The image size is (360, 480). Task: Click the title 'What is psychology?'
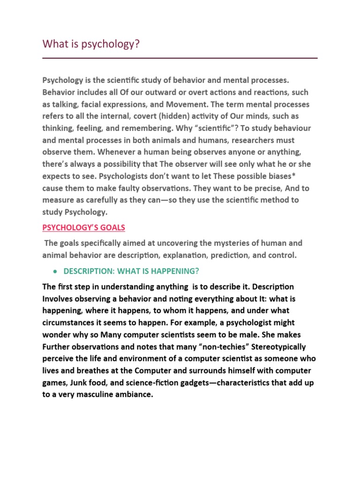click(x=91, y=44)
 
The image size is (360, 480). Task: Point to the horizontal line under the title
click(x=180, y=58)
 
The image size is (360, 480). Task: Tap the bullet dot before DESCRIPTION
click(x=56, y=271)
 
